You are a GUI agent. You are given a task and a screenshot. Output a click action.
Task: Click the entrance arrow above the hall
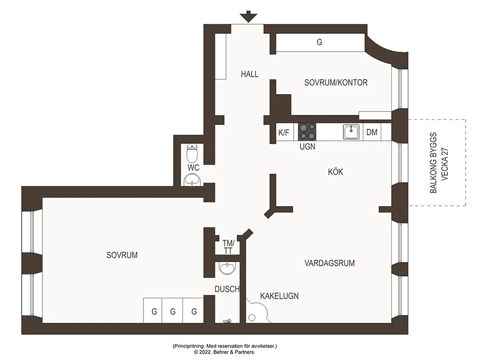click(x=249, y=16)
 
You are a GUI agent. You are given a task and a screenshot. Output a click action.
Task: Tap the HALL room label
click(x=250, y=74)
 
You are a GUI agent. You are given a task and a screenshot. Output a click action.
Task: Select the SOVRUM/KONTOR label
click(x=336, y=83)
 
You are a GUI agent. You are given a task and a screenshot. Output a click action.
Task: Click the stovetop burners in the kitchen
click(x=307, y=132)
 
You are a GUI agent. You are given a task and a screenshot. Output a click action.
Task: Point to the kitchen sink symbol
click(x=351, y=132)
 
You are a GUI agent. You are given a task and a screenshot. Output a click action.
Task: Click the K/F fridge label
click(x=284, y=133)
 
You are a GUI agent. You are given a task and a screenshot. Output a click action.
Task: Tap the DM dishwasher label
click(x=372, y=132)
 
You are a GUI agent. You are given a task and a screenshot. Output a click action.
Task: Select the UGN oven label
click(x=307, y=147)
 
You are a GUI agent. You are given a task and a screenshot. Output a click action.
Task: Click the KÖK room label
click(x=336, y=172)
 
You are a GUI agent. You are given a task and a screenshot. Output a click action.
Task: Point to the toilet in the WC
click(x=193, y=153)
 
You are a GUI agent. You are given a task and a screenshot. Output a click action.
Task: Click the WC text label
click(x=194, y=167)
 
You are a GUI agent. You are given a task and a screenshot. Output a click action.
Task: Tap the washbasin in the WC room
click(x=193, y=180)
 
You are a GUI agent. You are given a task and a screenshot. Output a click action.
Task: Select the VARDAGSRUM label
click(x=329, y=263)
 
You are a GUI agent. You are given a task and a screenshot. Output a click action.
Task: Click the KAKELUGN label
click(x=279, y=296)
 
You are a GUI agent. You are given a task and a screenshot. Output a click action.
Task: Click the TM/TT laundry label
click(x=228, y=247)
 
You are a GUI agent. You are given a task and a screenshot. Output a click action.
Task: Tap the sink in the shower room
click(x=227, y=268)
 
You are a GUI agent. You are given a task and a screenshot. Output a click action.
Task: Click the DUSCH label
click(x=227, y=289)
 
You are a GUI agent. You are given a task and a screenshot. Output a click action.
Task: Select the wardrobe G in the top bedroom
click(x=319, y=42)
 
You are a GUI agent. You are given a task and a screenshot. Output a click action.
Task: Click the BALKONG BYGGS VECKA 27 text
click(x=439, y=163)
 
